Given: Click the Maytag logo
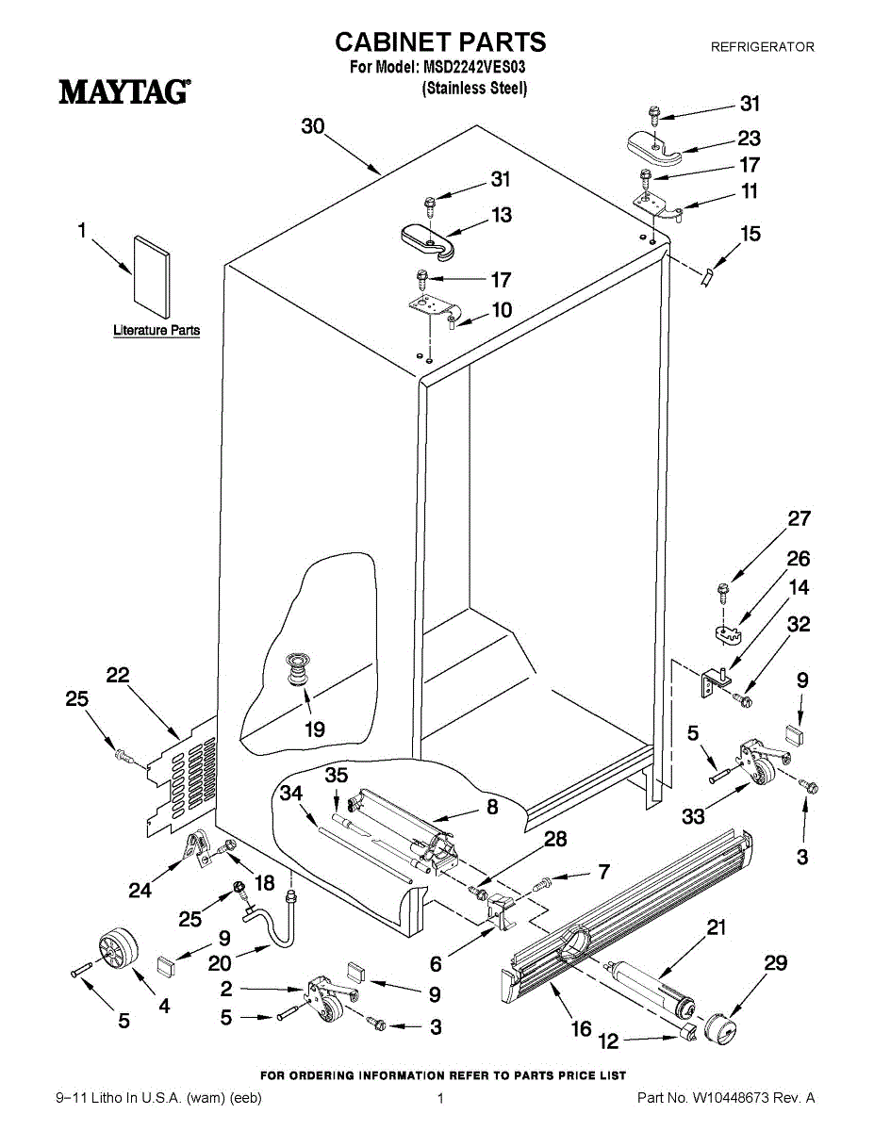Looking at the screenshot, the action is pos(124,91).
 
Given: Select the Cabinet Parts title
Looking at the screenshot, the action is pos(440,42).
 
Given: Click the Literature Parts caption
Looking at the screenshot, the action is pos(157,330).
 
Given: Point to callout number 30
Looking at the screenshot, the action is pos(313,126).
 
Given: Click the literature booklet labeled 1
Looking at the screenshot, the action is pos(152,276).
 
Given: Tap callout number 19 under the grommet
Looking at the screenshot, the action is pos(315,729).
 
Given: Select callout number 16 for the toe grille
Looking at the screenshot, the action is pos(582,1028).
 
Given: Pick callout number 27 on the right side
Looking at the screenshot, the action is pos(799,519).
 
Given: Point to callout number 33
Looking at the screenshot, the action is pos(693,816).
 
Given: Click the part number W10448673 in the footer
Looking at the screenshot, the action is pos(731,1098).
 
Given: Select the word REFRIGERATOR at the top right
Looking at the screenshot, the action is pos(763,47).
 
